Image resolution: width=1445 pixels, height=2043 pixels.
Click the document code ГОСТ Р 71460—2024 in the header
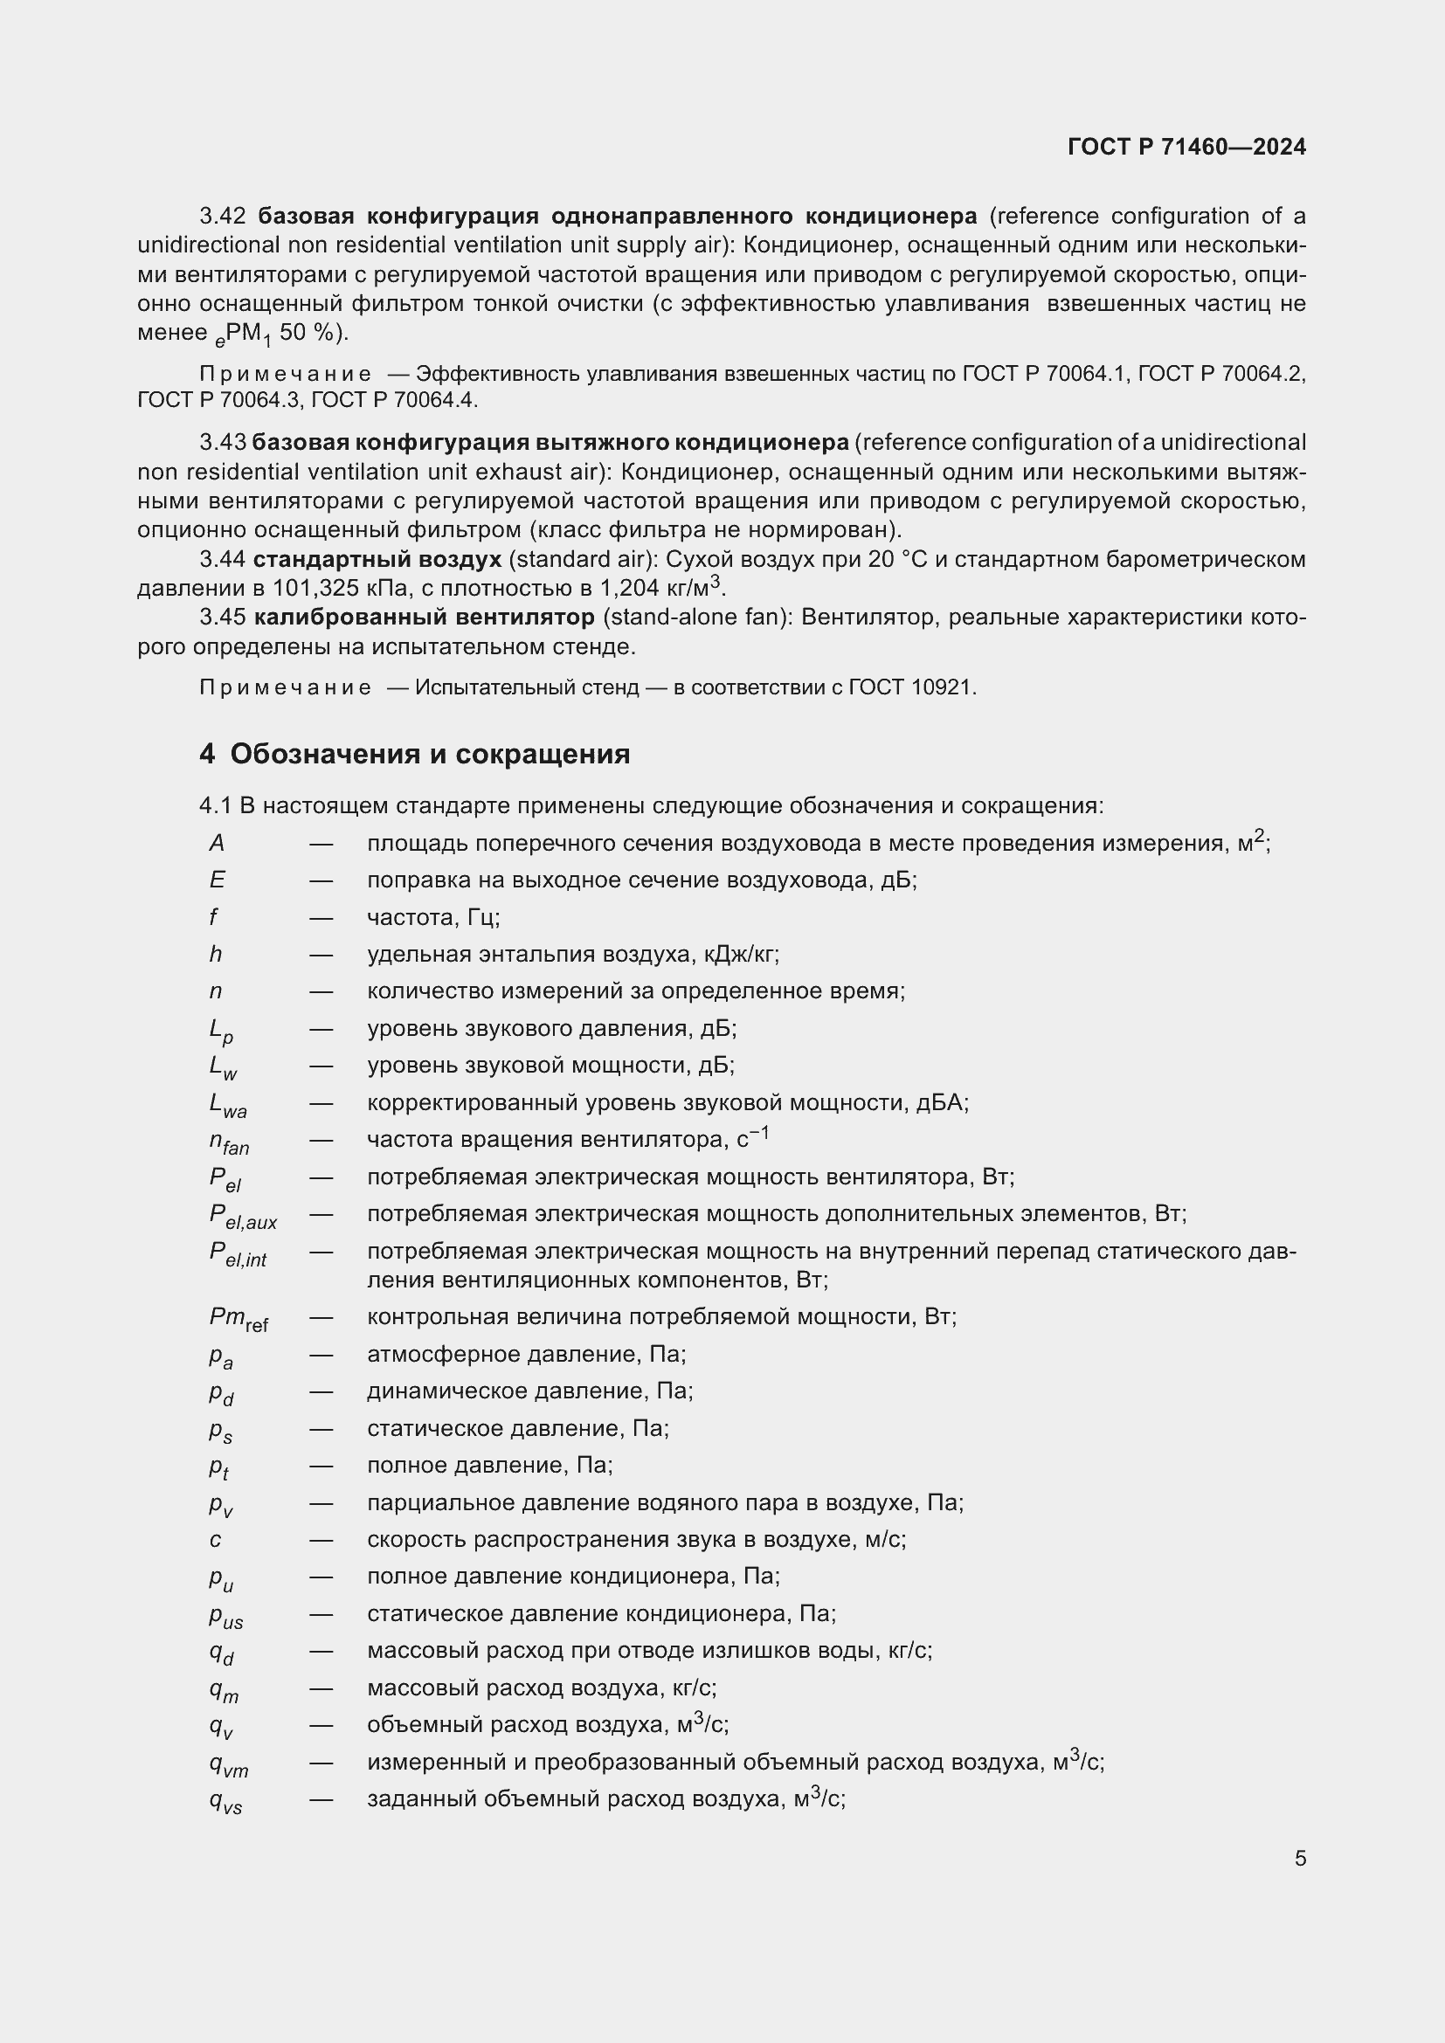coord(1186,148)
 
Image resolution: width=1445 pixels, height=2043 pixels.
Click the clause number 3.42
coord(223,217)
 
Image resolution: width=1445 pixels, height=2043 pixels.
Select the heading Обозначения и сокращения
coord(430,755)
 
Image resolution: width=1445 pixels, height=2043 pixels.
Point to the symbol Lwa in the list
coord(228,1105)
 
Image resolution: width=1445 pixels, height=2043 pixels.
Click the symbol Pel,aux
coord(243,1217)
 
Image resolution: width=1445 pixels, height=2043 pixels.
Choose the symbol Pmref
coord(239,1319)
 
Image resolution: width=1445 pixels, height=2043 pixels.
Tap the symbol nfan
coord(229,1142)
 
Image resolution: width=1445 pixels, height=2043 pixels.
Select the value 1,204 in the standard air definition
coord(629,589)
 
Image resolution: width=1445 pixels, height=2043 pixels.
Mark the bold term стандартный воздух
coord(377,560)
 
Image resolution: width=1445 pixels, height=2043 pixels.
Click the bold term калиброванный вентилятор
coord(424,618)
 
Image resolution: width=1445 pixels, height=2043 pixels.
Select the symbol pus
coord(226,1616)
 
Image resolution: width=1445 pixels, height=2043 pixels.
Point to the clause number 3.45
coord(223,618)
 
